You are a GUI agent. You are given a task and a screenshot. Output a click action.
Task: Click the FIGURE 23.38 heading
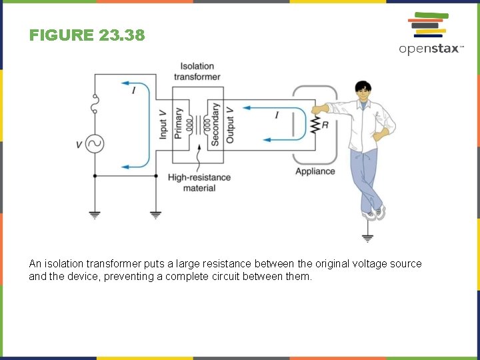pos(87,35)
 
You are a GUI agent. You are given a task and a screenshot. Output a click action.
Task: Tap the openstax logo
pos(430,34)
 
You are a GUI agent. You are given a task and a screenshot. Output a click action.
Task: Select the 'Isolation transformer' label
pos(197,71)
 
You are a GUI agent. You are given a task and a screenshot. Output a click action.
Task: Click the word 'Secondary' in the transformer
pos(215,123)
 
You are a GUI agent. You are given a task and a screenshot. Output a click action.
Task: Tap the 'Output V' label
pos(230,123)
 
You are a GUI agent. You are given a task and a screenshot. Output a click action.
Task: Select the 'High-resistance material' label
pos(199,183)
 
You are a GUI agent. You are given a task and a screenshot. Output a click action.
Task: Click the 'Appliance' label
pos(315,171)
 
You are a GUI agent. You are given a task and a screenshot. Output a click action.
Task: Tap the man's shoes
pos(375,214)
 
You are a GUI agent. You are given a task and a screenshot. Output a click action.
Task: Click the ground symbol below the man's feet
pos(367,237)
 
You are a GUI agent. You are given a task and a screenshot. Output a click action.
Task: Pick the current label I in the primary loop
pos(134,90)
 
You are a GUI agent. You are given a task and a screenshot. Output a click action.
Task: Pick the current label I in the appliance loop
pos(276,115)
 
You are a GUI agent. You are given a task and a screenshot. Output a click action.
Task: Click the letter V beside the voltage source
pos(79,144)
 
